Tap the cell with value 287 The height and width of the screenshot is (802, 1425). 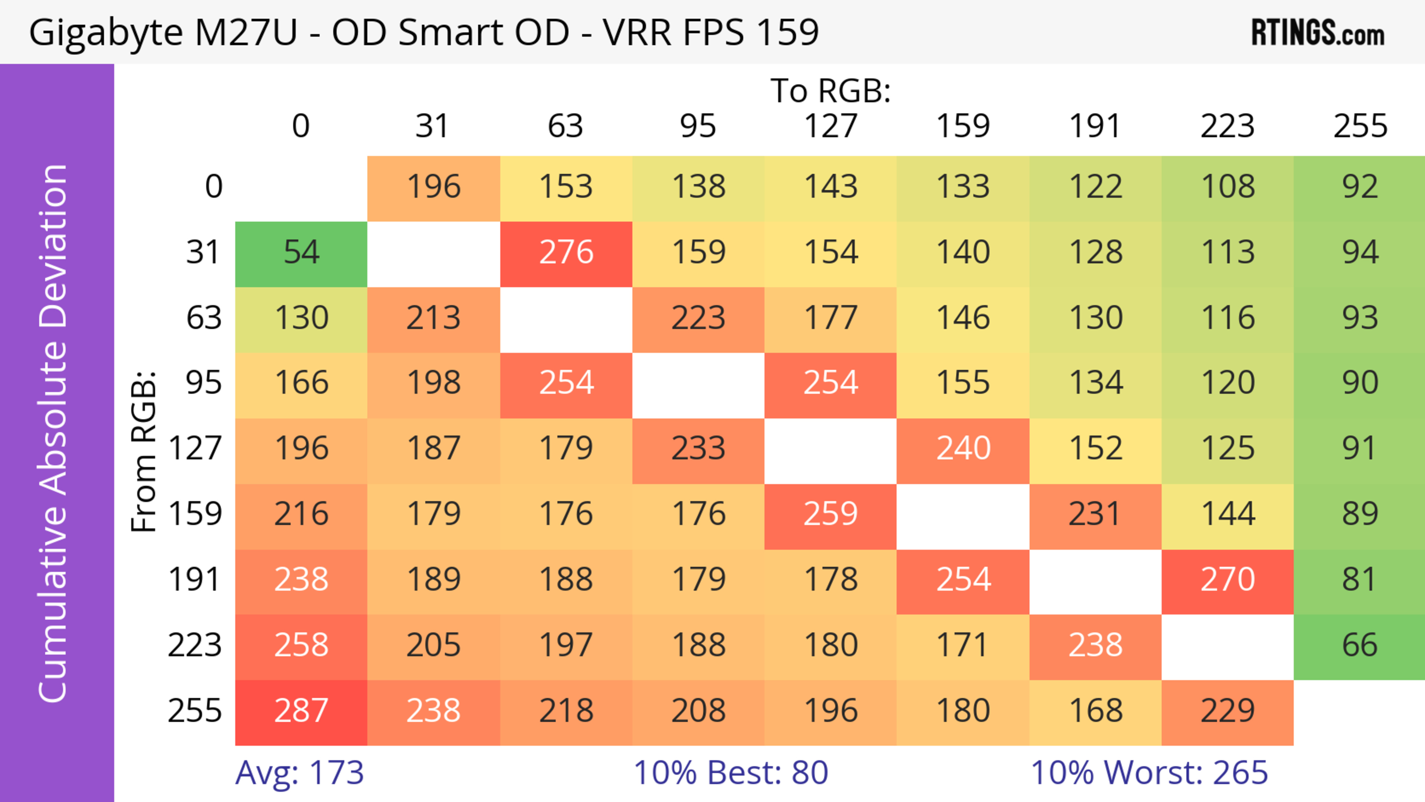(x=301, y=711)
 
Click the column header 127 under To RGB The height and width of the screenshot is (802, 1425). (x=831, y=126)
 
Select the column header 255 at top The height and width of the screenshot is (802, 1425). (x=1360, y=126)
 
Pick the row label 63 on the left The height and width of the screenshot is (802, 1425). (x=204, y=318)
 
